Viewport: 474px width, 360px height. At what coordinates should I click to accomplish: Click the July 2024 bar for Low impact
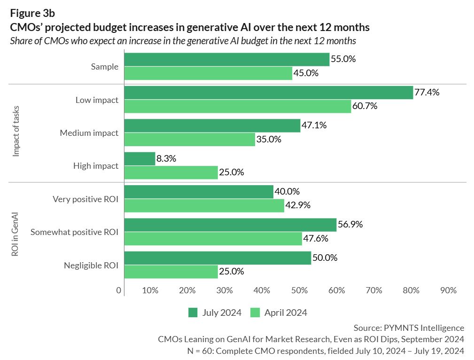tap(268, 93)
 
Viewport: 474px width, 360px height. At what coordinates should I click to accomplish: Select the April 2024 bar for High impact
tap(171, 172)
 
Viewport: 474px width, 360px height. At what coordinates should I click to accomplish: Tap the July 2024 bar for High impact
tap(140, 159)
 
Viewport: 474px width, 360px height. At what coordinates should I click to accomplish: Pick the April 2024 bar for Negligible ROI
tap(171, 272)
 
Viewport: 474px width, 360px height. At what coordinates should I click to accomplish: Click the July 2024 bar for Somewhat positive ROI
tap(230, 225)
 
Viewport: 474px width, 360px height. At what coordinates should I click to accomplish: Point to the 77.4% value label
tap(427, 93)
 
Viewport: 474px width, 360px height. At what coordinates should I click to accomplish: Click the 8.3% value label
tap(166, 159)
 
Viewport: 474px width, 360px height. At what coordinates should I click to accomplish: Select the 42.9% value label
tap(299, 205)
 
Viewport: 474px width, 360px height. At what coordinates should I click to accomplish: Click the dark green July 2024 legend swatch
tap(193, 313)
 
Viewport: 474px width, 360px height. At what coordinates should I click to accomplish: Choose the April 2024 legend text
tap(286, 313)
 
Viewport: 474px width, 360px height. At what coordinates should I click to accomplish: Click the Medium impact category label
tap(89, 133)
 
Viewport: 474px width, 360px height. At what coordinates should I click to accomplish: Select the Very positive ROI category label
tap(85, 199)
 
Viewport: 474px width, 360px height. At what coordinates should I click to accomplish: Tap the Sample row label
tap(104, 67)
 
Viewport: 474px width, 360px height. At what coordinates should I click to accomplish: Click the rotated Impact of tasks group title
tap(16, 133)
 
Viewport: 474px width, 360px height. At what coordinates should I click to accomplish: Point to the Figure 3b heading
tap(32, 14)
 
